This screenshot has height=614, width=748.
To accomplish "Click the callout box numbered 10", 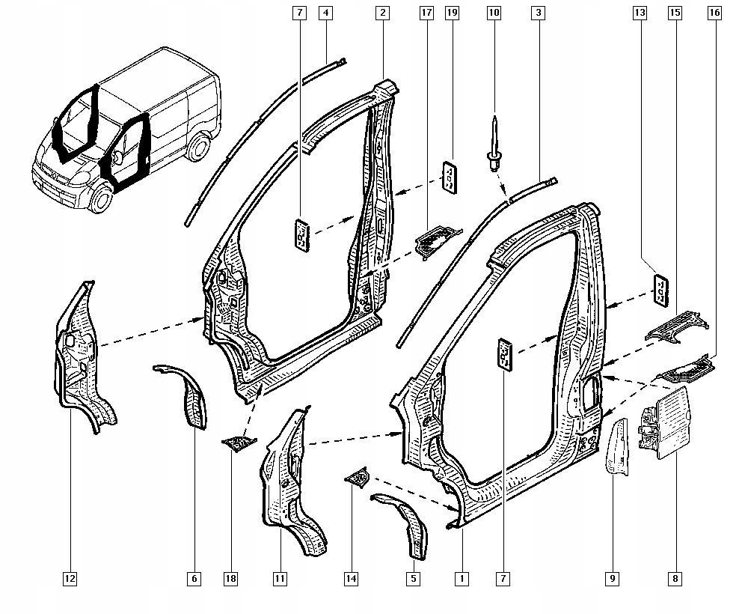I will point(493,13).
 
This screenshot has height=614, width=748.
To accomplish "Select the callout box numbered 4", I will point(325,13).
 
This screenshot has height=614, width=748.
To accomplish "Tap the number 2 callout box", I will point(382,13).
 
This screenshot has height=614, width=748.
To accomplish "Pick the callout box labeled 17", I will point(427,13).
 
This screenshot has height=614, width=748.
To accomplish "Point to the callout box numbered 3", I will point(538,13).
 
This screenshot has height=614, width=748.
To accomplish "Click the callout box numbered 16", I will point(714,13).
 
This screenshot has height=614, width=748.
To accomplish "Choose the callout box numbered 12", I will point(70,578).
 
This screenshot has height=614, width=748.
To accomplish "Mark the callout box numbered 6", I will point(194,578).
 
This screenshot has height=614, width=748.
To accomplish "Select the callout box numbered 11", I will point(280,578).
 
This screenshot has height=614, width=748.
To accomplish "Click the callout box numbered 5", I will point(414,578).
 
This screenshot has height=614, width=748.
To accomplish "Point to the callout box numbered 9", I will point(613,578).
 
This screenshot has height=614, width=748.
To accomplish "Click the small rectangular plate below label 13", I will point(661,290).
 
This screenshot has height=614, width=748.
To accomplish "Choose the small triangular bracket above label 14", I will point(358,477).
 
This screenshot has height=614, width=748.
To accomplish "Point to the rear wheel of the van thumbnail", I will point(198,148).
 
